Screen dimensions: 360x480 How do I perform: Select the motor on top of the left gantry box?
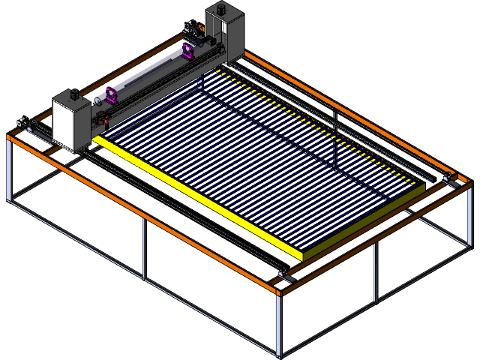[x=75, y=94]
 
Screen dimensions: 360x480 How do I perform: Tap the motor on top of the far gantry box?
[x=222, y=10]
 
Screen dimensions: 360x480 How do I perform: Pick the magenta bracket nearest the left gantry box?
[x=112, y=96]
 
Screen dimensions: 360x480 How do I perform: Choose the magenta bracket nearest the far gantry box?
[x=187, y=52]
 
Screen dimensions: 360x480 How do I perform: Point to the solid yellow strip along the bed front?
[x=195, y=195]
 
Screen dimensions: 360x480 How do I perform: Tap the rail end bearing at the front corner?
[x=284, y=274]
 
